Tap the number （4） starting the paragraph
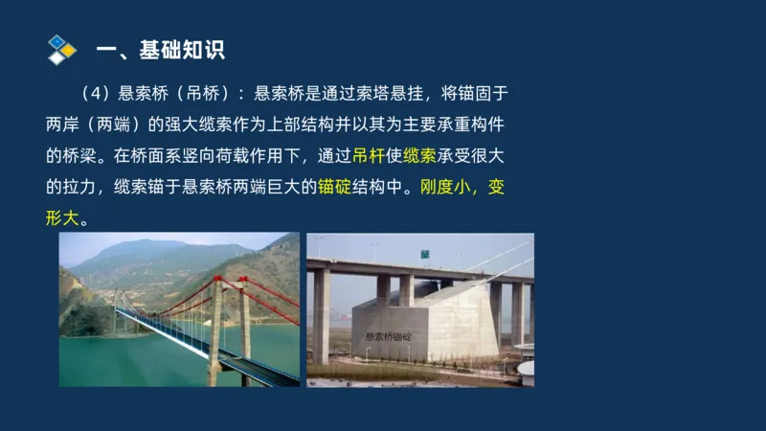tap(98, 94)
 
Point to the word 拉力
tap(87, 186)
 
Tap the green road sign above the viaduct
tap(421, 254)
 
